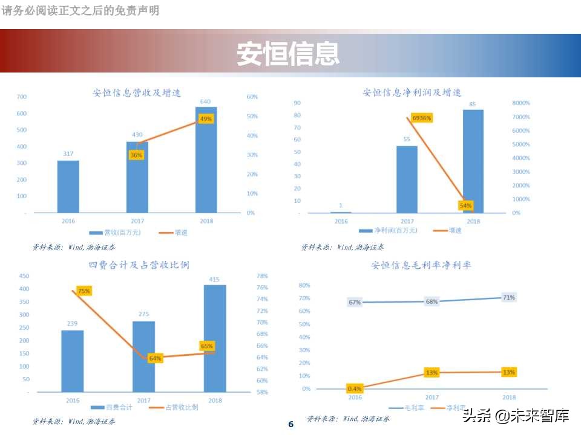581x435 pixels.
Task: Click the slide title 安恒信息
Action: [x=287, y=53]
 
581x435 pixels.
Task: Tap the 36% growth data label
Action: [x=136, y=155]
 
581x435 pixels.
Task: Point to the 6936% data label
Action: [x=421, y=118]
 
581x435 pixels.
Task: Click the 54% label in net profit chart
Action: [x=465, y=206]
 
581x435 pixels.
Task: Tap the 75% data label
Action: [x=84, y=291]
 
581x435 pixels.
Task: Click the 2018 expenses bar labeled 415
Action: [x=215, y=338]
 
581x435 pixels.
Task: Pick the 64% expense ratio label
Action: [x=155, y=358]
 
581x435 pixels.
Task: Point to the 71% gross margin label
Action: [x=509, y=297]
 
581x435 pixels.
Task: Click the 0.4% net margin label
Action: [x=355, y=388]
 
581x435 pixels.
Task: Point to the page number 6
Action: [x=290, y=424]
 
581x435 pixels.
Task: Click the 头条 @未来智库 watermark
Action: [x=516, y=416]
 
